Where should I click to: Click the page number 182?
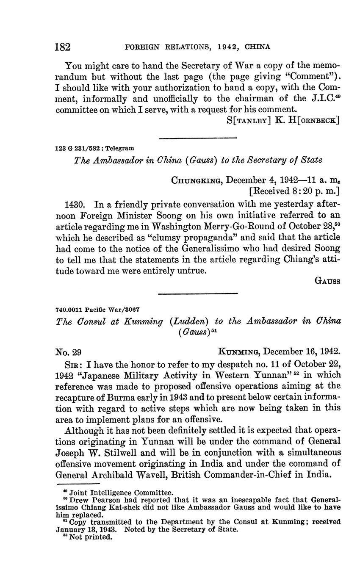(63, 47)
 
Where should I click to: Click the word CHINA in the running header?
(258, 47)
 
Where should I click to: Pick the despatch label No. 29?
(69, 352)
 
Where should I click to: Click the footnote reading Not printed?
(91, 537)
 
